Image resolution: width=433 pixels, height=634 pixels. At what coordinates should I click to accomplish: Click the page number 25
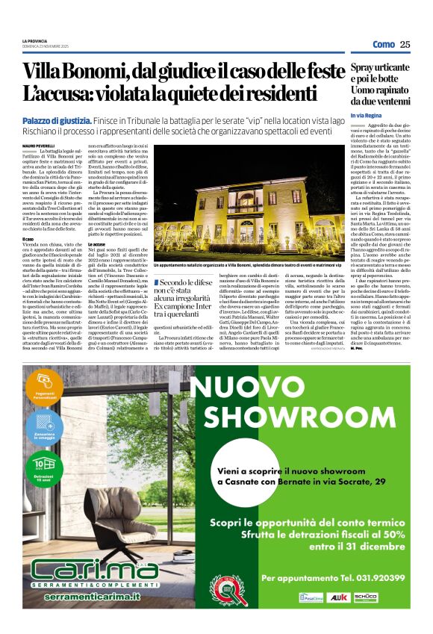pos(405,44)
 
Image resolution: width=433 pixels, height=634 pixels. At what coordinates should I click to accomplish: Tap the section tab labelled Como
pos(383,44)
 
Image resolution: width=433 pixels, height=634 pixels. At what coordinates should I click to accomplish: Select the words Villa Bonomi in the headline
pos(75,72)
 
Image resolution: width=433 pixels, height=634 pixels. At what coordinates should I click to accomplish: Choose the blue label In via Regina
pos(365,116)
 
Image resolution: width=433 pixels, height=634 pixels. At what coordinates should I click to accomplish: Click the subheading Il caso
pos(28,238)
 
